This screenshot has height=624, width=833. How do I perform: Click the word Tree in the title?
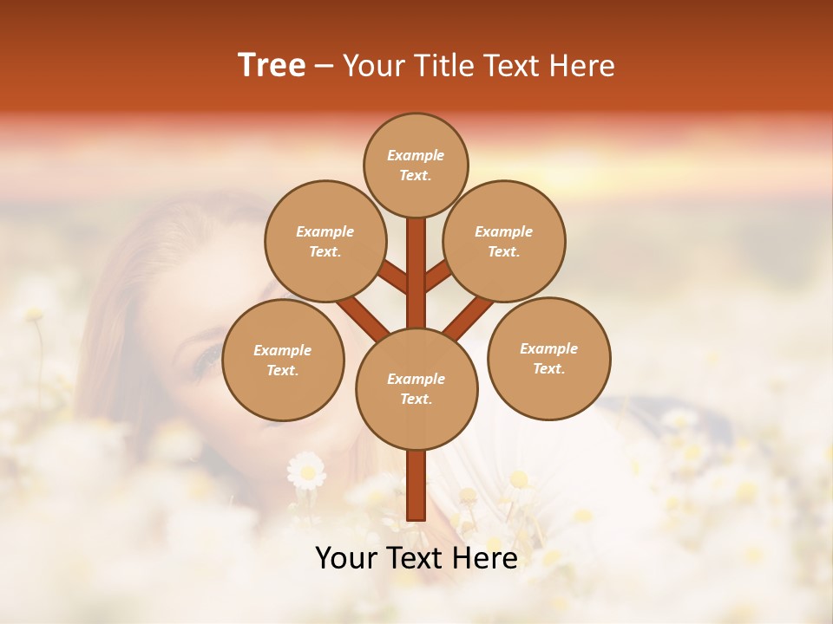coord(272,66)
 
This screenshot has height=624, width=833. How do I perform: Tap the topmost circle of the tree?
coord(416,165)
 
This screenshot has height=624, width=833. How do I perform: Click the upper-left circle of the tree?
coord(325,241)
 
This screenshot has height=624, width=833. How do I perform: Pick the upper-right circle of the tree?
coord(504,241)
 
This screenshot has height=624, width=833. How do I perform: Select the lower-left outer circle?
coord(283,360)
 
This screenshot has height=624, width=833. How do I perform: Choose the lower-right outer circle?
coord(549,358)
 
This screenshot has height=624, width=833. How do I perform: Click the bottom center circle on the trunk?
coord(416,388)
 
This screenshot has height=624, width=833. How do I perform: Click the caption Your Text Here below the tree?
coord(416,558)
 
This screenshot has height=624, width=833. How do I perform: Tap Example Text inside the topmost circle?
coord(416,165)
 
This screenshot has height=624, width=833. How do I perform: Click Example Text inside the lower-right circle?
coord(549,358)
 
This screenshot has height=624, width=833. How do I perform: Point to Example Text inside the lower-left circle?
coord(283,360)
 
